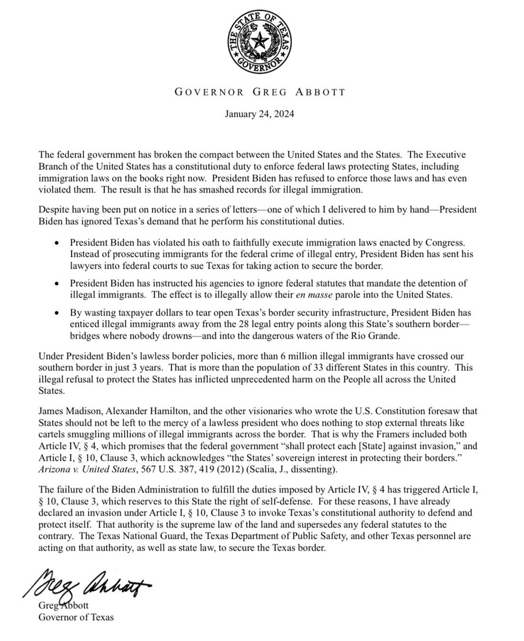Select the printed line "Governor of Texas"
(x=75, y=618)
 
